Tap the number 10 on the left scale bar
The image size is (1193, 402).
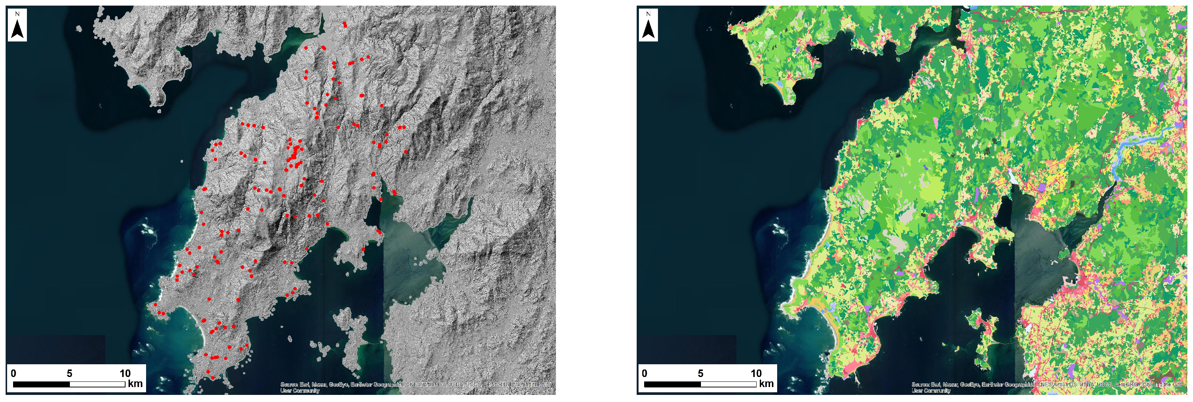click(x=125, y=373)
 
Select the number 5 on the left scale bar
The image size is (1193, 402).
click(x=69, y=373)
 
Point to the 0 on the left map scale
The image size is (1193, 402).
click(x=13, y=373)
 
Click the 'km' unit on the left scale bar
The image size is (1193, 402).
click(x=135, y=383)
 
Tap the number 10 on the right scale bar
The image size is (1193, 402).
click(x=756, y=373)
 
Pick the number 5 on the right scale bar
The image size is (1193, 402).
click(x=700, y=373)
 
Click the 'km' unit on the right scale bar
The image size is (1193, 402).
click(x=766, y=383)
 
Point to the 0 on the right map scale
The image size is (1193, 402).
click(x=644, y=373)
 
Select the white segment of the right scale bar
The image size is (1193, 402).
click(x=729, y=384)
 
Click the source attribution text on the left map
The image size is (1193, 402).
click(x=415, y=387)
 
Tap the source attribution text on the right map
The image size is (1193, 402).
click(x=1046, y=387)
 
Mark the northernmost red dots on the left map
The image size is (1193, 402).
click(x=344, y=24)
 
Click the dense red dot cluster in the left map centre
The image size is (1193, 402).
click(x=294, y=155)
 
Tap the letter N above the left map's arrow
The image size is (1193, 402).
click(x=18, y=14)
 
